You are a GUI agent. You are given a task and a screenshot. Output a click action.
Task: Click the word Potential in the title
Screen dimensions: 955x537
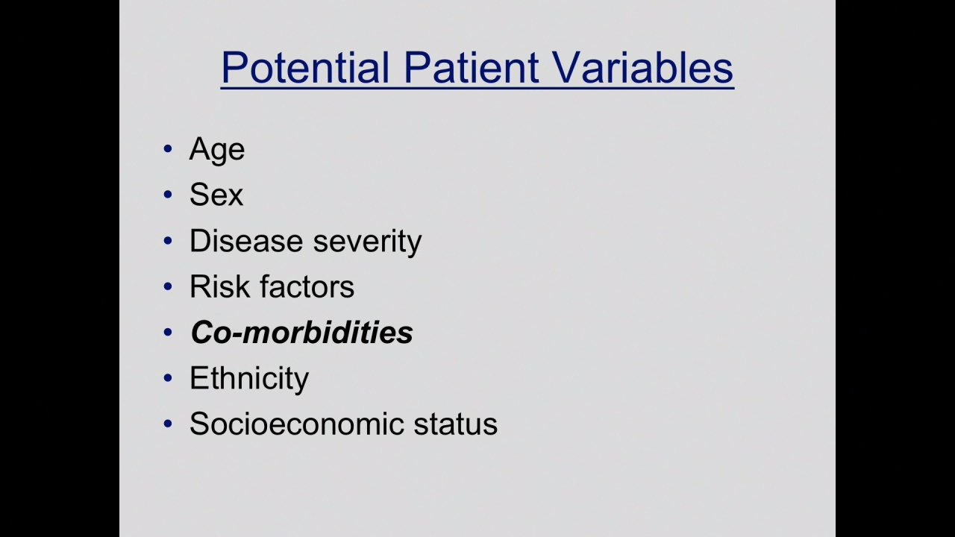tap(305, 67)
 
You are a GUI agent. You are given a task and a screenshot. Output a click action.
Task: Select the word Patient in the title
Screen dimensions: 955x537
tap(471, 67)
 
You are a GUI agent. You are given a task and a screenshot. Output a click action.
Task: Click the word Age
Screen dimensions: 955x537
tap(217, 151)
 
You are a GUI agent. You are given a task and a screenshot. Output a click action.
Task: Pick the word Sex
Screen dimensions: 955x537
tap(216, 195)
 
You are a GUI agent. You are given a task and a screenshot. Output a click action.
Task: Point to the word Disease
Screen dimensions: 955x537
tap(246, 241)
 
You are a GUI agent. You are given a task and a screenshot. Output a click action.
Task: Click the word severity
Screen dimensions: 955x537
tap(368, 242)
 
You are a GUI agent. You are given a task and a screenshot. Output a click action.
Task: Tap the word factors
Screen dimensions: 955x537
tap(307, 286)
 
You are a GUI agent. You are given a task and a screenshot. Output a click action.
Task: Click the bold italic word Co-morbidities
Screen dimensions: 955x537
tap(302, 332)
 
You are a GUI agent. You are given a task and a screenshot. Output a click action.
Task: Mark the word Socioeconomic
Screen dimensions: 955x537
tap(297, 424)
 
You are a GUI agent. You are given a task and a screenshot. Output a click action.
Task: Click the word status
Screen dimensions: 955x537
tap(455, 424)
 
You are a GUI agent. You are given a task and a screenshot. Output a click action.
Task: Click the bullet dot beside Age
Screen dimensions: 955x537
tap(168, 148)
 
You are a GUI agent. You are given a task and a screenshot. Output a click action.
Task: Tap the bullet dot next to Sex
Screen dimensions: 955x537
tap(168, 195)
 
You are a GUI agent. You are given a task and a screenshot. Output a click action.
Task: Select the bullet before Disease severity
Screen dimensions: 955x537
tap(168, 241)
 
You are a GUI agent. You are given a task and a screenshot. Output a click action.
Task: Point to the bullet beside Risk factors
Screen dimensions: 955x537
tap(168, 286)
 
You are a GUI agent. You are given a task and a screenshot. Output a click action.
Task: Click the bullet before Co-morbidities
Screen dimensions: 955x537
tap(168, 332)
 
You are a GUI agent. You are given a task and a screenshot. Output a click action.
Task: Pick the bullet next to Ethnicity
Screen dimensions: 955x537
tap(168, 377)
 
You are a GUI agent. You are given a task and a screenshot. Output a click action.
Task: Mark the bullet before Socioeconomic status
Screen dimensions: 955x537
tap(168, 424)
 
